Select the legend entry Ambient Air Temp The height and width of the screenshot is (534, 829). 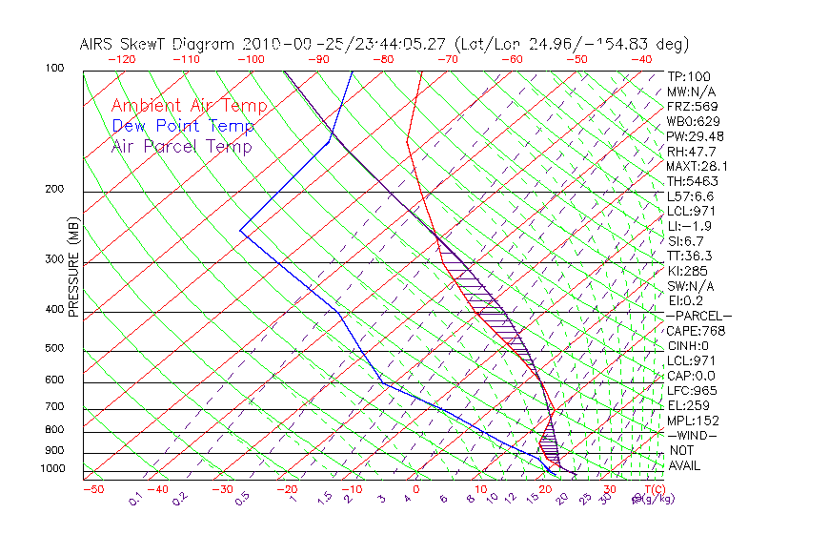(x=189, y=106)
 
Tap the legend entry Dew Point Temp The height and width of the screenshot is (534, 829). (x=183, y=126)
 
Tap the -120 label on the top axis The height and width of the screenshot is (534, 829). (x=121, y=59)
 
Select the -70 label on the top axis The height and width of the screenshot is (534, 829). (x=447, y=59)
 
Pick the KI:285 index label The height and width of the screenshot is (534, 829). (x=687, y=270)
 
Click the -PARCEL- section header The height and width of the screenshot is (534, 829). (x=698, y=316)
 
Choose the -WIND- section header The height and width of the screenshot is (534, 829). (x=692, y=435)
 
